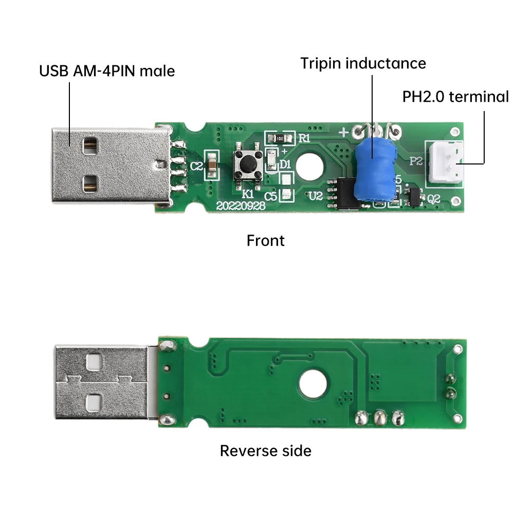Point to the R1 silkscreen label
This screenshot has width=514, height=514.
(x=305, y=138)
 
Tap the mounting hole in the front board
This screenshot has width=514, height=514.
(x=309, y=166)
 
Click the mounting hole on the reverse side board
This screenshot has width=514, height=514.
(x=313, y=384)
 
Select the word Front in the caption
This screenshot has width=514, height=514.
(x=265, y=241)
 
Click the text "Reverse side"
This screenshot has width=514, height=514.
(x=265, y=451)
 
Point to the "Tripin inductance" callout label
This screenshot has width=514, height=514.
(x=363, y=64)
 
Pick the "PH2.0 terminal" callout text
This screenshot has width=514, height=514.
(x=455, y=97)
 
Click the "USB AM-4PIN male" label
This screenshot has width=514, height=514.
(x=107, y=70)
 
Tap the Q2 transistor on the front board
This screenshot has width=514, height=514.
(x=413, y=195)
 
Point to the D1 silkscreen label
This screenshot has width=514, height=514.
(x=285, y=164)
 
